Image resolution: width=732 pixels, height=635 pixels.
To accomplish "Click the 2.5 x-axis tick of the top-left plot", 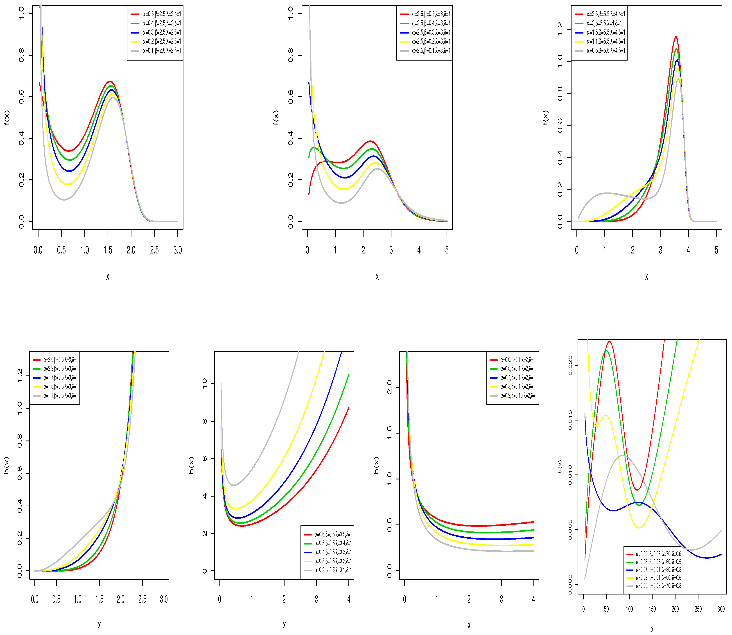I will [154, 250].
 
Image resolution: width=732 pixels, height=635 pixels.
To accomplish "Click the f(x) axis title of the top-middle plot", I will [276, 118].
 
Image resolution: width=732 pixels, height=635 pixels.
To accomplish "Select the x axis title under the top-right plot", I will [646, 277].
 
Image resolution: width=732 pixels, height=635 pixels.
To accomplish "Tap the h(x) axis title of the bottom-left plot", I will [6, 465].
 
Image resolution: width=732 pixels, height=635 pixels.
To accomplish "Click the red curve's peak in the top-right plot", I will [676, 36].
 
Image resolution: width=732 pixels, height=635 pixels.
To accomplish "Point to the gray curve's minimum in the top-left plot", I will [64, 199].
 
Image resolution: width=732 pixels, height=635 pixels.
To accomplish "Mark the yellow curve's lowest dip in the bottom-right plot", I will [639, 538].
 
